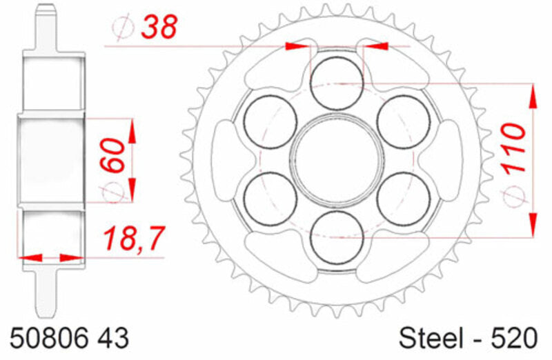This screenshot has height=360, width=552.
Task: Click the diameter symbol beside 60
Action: pos(114,193)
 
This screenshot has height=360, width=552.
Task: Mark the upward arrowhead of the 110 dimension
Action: pos(533,97)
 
